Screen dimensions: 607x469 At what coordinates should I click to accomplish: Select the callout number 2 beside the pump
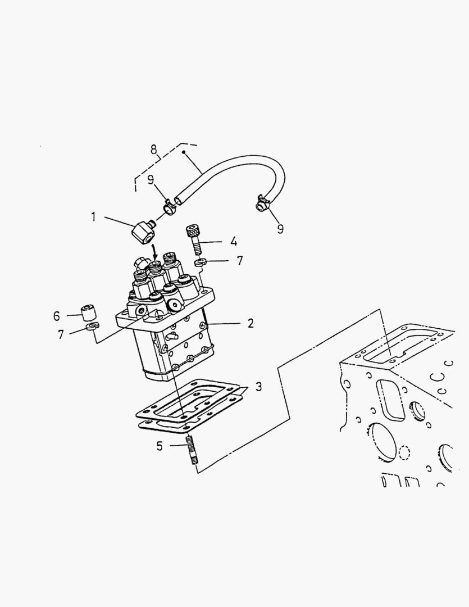point(251,323)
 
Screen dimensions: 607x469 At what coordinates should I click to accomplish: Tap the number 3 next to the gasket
point(258,387)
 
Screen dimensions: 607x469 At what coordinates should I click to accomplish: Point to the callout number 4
point(233,242)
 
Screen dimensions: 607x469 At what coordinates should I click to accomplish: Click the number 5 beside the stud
point(160,446)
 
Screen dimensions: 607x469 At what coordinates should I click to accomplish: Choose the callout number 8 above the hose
point(153,150)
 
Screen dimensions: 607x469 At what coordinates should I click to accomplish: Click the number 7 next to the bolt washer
point(240,261)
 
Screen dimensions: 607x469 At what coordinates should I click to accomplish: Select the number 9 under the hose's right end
point(280,229)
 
